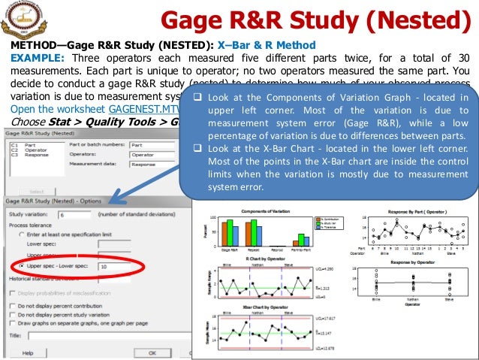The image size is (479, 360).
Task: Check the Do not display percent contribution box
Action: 11,306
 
